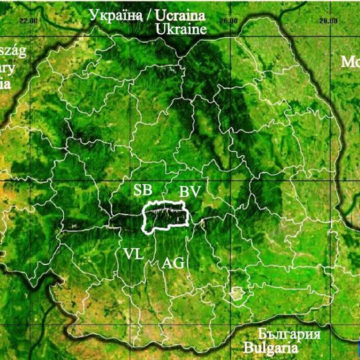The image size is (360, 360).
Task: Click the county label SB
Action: pyautogui.click(x=142, y=189)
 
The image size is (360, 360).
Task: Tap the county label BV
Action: pyautogui.click(x=189, y=192)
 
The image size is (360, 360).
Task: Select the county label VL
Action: pyautogui.click(x=133, y=253)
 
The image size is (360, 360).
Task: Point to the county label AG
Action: pyautogui.click(x=173, y=263)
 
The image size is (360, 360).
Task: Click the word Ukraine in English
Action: pyautogui.click(x=181, y=29)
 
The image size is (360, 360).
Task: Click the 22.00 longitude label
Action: pyautogui.click(x=28, y=20)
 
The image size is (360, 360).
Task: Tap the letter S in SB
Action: pyautogui.click(x=137, y=189)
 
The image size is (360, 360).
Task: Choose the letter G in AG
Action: pyautogui.click(x=179, y=263)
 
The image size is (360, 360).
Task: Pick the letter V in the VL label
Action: pyautogui.click(x=128, y=253)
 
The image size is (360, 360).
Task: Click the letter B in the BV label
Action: pyautogui.click(x=184, y=192)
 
